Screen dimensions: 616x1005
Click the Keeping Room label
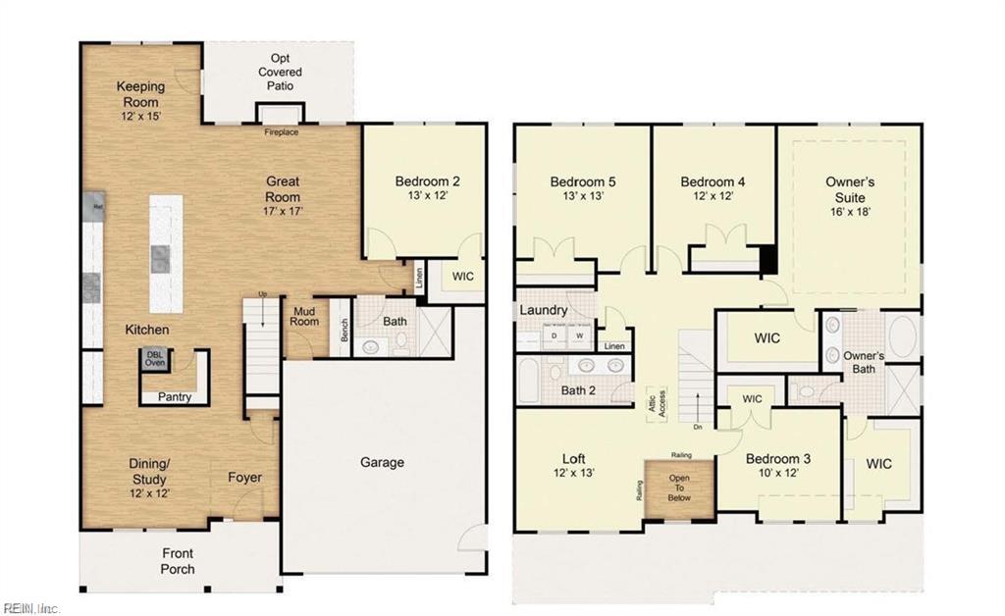[x=140, y=86]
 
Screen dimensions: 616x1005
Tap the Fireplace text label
[x=281, y=132]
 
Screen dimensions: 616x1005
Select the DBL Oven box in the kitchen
[x=155, y=359]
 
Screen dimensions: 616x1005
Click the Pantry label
[x=175, y=397]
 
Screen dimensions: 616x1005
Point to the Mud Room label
[x=304, y=317]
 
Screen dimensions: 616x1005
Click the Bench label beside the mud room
[x=344, y=332]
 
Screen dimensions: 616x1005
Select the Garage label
[x=382, y=462]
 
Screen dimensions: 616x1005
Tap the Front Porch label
[x=178, y=561]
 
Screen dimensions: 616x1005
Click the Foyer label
[x=245, y=478]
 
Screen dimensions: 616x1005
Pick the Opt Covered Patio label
[x=280, y=73]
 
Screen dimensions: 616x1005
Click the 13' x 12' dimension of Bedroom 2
[x=427, y=196]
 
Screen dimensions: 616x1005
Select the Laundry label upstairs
[x=544, y=310]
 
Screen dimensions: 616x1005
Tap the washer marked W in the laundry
[x=580, y=334]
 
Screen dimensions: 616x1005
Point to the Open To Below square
[x=680, y=487]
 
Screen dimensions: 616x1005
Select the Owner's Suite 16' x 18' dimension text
[x=849, y=211]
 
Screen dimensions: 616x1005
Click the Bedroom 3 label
[x=777, y=459]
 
